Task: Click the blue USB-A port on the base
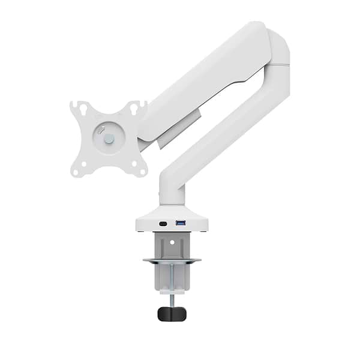click(180, 223)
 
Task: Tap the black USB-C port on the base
click(163, 224)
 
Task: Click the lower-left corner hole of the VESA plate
click(76, 171)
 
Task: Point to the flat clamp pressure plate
click(172, 261)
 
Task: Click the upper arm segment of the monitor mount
click(204, 84)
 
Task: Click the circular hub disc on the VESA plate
click(108, 138)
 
